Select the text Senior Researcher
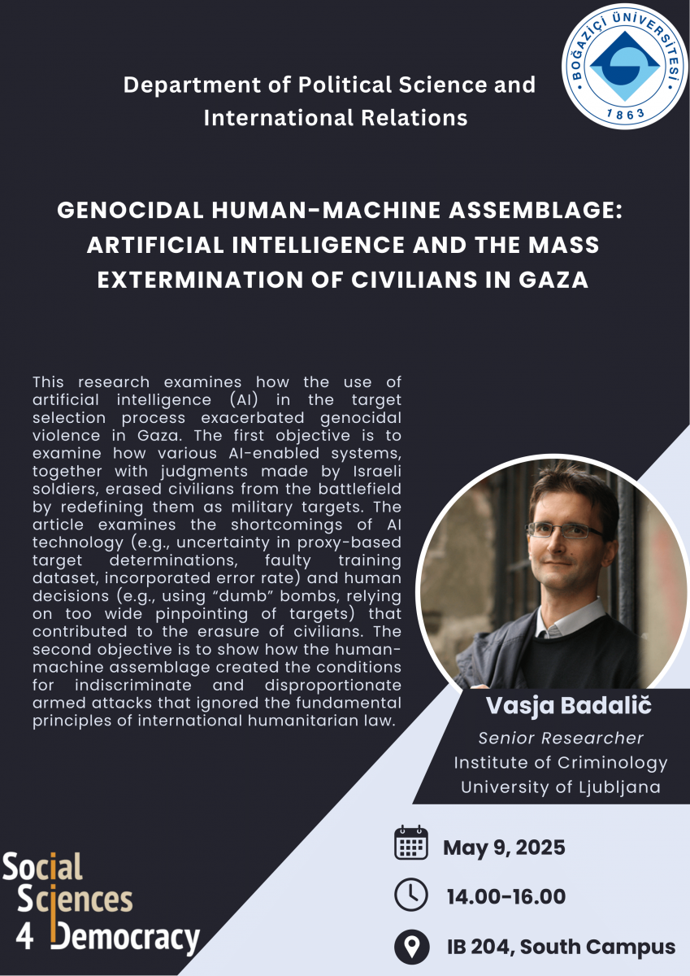point(561,739)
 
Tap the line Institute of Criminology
point(561,763)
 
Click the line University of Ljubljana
point(561,787)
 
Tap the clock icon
point(411,895)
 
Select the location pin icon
point(411,946)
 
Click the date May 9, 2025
point(504,848)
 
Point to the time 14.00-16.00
point(506,897)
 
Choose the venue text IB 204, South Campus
point(561,947)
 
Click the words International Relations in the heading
point(335,118)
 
